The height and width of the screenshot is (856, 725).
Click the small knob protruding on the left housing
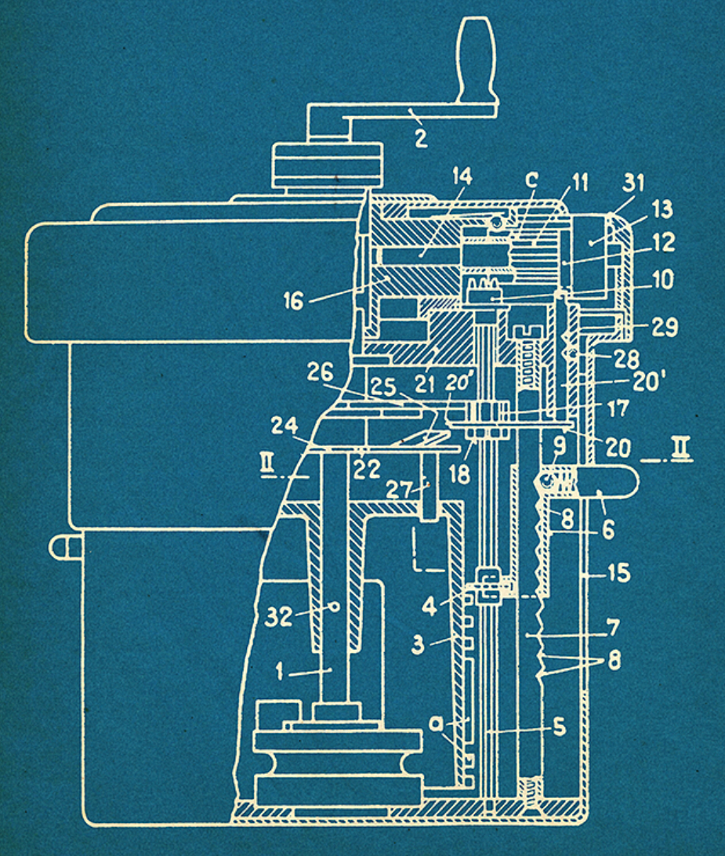[x=61, y=546]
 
